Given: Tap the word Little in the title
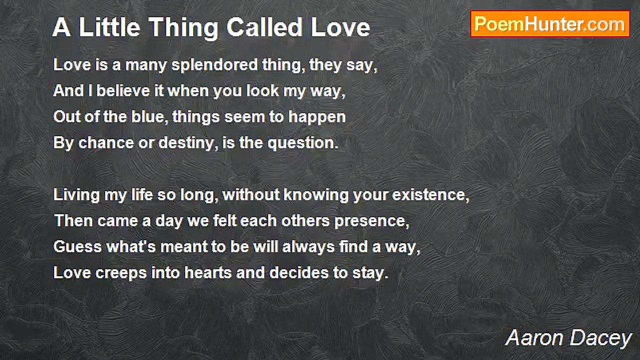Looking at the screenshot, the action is (109, 27).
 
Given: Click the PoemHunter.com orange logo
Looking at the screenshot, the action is (550, 24).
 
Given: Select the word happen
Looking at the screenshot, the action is (317, 117).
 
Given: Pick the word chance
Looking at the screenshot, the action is (106, 143).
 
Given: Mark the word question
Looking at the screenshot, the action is (303, 143).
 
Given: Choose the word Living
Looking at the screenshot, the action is (76, 195).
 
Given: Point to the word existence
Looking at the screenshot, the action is (431, 195).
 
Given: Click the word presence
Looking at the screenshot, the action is (372, 221).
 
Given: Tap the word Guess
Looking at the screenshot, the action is (77, 247).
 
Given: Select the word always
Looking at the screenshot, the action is (308, 247).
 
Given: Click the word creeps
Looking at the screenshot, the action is (121, 273).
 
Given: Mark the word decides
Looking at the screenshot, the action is (299, 273).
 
